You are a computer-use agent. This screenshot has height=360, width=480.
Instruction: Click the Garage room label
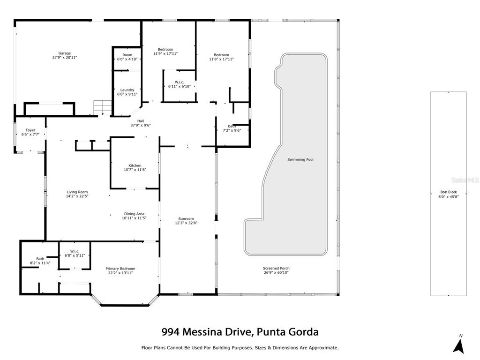[65, 53]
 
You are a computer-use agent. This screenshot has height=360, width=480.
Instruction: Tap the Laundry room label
[127, 90]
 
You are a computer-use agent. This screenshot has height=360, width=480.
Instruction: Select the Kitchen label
[135, 165]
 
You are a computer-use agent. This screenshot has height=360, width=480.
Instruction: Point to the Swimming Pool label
[300, 159]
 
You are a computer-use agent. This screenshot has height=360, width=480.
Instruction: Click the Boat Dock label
[449, 192]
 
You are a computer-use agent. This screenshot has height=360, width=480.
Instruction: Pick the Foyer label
[30, 130]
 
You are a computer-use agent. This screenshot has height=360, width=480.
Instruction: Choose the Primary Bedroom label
[120, 269]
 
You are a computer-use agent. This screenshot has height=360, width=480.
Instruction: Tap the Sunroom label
[186, 219]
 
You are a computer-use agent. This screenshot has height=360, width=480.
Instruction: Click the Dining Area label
[134, 214]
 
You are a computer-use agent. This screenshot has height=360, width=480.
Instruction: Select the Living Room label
[77, 192]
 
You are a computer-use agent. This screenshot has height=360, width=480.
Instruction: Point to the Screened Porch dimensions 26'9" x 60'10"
[276, 272]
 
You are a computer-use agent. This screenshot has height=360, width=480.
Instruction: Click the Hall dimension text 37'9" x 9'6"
[141, 125]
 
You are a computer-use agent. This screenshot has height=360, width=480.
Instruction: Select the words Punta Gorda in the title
[288, 332]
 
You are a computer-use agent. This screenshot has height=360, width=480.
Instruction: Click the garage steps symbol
[103, 107]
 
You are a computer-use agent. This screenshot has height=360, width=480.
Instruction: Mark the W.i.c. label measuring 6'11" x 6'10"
[180, 82]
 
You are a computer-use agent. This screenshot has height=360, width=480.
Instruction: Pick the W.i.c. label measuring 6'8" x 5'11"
[75, 251]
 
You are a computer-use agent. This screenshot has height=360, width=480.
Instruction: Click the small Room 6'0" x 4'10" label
[127, 55]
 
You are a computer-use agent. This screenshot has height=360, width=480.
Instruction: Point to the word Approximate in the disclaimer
[323, 348]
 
